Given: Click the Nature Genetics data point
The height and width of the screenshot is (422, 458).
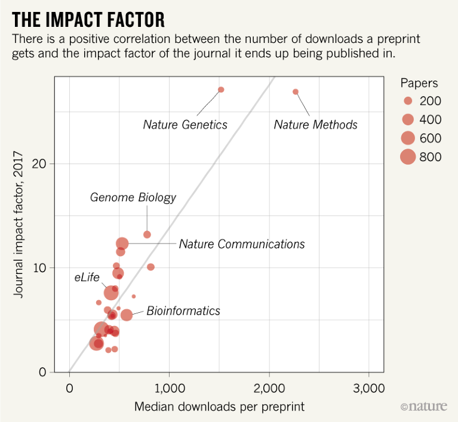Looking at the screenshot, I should [x=221, y=90].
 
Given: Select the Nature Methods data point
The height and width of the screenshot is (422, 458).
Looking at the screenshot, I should [x=296, y=91].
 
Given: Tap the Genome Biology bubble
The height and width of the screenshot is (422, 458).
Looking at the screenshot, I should [x=147, y=235].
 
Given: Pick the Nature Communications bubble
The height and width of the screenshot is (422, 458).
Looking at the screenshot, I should [x=122, y=244].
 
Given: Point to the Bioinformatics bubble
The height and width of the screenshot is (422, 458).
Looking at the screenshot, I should [x=126, y=315].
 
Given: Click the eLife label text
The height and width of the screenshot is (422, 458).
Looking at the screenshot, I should [x=87, y=277].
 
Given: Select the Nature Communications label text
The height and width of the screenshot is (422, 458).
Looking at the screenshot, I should [x=242, y=244].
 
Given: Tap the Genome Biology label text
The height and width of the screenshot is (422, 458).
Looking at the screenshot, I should [x=133, y=197].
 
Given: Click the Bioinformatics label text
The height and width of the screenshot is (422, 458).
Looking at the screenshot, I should [x=183, y=311].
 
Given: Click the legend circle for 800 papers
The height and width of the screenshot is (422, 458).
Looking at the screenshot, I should [x=408, y=157].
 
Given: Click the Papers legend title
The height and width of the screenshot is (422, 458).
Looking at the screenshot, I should [x=419, y=83].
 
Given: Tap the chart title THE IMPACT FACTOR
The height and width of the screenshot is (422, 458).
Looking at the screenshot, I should [x=88, y=20].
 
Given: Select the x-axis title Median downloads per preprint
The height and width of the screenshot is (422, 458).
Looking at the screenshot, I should [x=220, y=407].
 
